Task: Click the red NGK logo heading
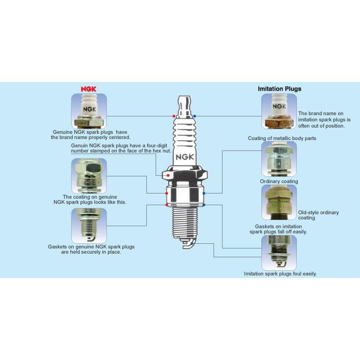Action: pyautogui.click(x=88, y=89)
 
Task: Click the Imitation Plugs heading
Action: pyautogui.click(x=280, y=89)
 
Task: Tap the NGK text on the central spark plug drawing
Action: pyautogui.click(x=185, y=157)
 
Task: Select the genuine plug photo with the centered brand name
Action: pyautogui.click(x=89, y=111)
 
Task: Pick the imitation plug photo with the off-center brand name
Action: pyautogui.click(x=279, y=111)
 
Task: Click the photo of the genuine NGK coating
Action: pyautogui.click(x=89, y=176)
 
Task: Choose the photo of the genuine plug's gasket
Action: pyautogui.click(x=89, y=226)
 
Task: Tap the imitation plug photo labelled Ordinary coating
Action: pyautogui.click(x=279, y=159)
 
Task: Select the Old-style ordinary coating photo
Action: pyautogui.click(x=279, y=202)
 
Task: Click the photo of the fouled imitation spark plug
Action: pyautogui.click(x=279, y=253)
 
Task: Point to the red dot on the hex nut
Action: pyautogui.click(x=168, y=175)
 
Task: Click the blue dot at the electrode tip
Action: pyautogui.click(x=192, y=243)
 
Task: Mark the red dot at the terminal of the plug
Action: pyautogui.click(x=174, y=116)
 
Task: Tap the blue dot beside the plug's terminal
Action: pyautogui.click(x=195, y=116)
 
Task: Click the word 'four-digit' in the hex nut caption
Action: pyautogui.click(x=157, y=146)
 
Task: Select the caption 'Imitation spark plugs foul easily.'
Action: pyautogui.click(x=280, y=274)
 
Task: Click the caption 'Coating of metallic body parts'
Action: pyautogui.click(x=282, y=138)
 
